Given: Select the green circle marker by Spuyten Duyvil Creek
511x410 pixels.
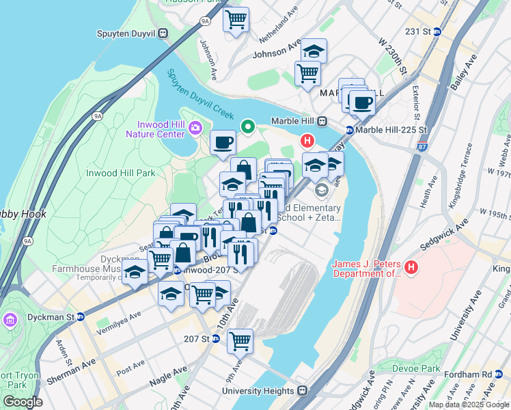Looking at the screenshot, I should pos(247,126).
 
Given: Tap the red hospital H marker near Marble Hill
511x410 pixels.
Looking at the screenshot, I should pos(307,141).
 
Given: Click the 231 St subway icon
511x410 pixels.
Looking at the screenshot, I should pos(437,31).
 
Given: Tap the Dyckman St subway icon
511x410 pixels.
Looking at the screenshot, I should pos(80,317).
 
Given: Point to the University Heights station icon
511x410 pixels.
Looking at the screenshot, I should pos(301,392).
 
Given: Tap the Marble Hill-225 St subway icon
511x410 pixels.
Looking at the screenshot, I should pos(349,130).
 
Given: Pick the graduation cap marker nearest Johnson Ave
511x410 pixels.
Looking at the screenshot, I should pos(314,51).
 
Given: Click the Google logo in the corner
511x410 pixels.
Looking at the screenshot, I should pos(23,402).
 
